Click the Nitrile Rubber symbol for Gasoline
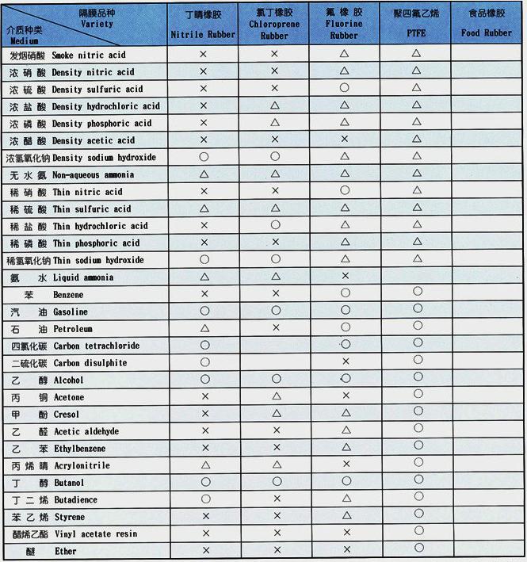(204, 312)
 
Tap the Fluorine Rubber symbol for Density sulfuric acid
(345, 88)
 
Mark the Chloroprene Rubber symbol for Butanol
(276, 481)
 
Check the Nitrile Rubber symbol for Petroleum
(204, 328)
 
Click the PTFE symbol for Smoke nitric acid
(417, 54)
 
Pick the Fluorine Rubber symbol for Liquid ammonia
(345, 276)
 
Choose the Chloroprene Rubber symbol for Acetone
(276, 396)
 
